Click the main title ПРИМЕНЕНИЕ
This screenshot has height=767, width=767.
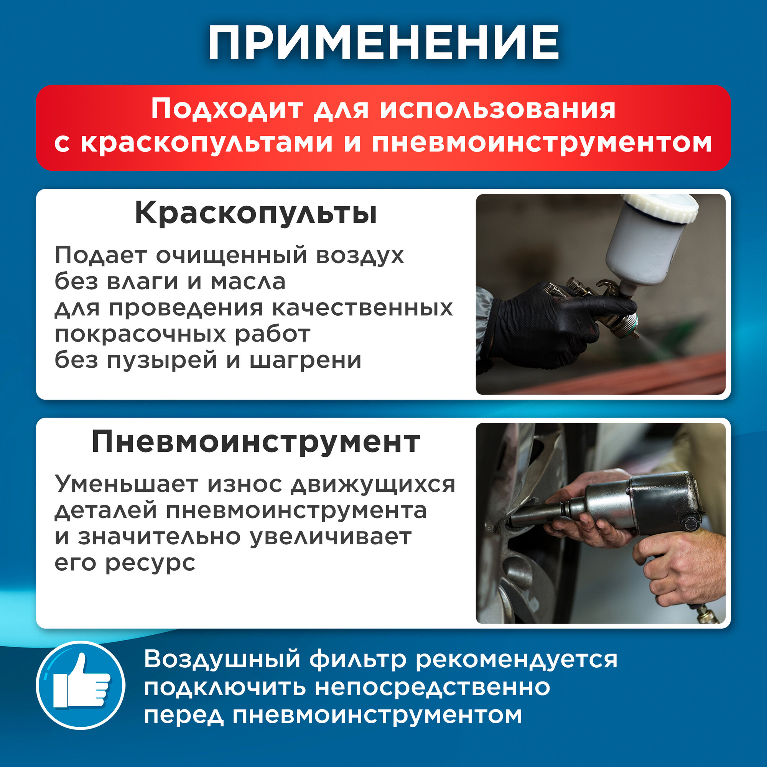(383, 43)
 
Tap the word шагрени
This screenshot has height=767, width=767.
(306, 360)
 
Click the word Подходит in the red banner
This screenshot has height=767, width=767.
(227, 109)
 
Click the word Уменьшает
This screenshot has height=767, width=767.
(126, 484)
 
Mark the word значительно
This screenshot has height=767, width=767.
(159, 537)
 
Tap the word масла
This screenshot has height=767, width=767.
(248, 282)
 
